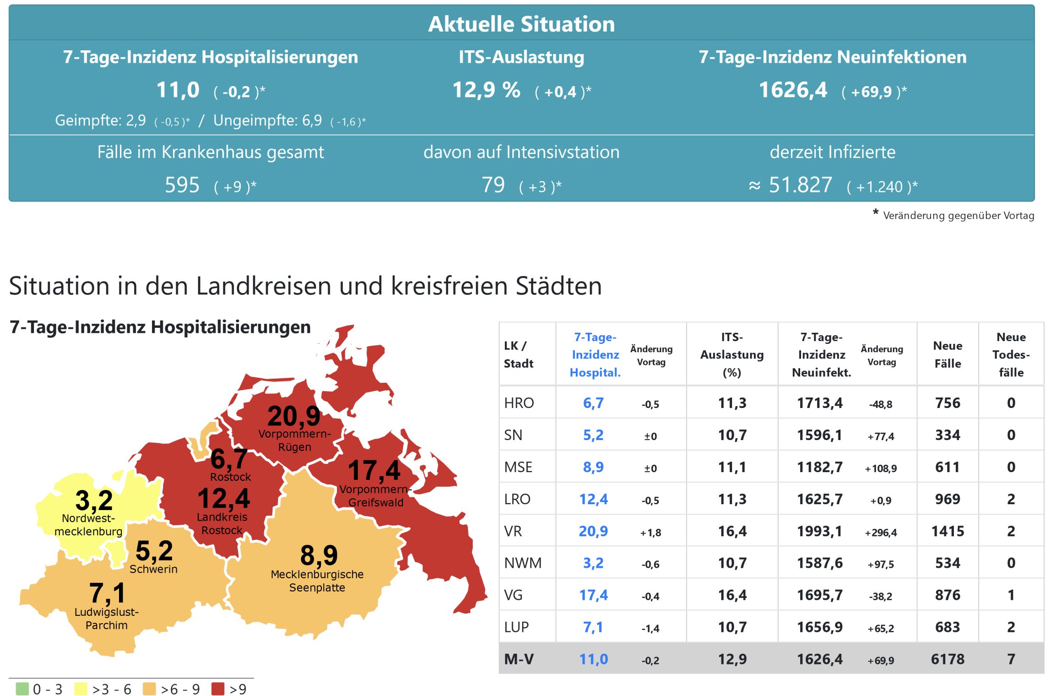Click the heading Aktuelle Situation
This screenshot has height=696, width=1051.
(x=521, y=24)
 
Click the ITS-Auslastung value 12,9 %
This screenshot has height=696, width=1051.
(x=486, y=90)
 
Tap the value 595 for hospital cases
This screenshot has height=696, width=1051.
(x=182, y=185)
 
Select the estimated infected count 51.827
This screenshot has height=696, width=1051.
(x=800, y=185)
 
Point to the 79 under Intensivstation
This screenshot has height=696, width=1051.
(x=493, y=185)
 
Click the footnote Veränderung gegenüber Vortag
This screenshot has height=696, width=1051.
(x=958, y=216)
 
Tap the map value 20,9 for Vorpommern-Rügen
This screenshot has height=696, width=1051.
(x=294, y=417)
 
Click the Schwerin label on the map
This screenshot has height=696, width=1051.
(x=153, y=569)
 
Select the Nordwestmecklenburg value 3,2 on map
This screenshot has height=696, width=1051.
(x=94, y=500)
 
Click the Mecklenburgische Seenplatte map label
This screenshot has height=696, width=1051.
(x=317, y=581)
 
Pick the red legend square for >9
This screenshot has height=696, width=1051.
(x=218, y=689)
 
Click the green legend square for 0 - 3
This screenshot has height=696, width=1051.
(x=22, y=689)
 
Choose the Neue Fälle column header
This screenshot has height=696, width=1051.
(x=948, y=354)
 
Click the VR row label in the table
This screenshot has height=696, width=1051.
(x=513, y=531)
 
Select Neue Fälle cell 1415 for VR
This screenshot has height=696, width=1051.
(x=948, y=531)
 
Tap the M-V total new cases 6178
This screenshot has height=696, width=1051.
(x=948, y=659)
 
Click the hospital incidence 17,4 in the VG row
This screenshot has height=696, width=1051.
(x=593, y=595)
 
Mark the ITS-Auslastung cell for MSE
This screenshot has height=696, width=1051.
(x=732, y=467)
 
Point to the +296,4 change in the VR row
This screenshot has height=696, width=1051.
(x=881, y=533)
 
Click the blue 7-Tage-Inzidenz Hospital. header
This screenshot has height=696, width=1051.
(x=595, y=354)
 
